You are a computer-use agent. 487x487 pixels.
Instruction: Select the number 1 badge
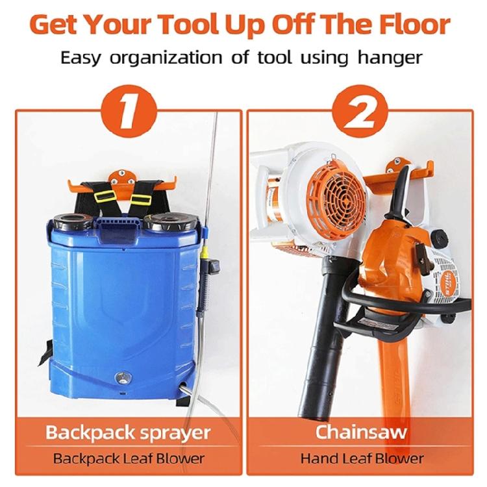pos(127,110)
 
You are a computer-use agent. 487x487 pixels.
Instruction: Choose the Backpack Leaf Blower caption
pos(129,459)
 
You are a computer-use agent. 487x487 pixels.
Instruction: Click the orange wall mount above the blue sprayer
pos(120,174)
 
